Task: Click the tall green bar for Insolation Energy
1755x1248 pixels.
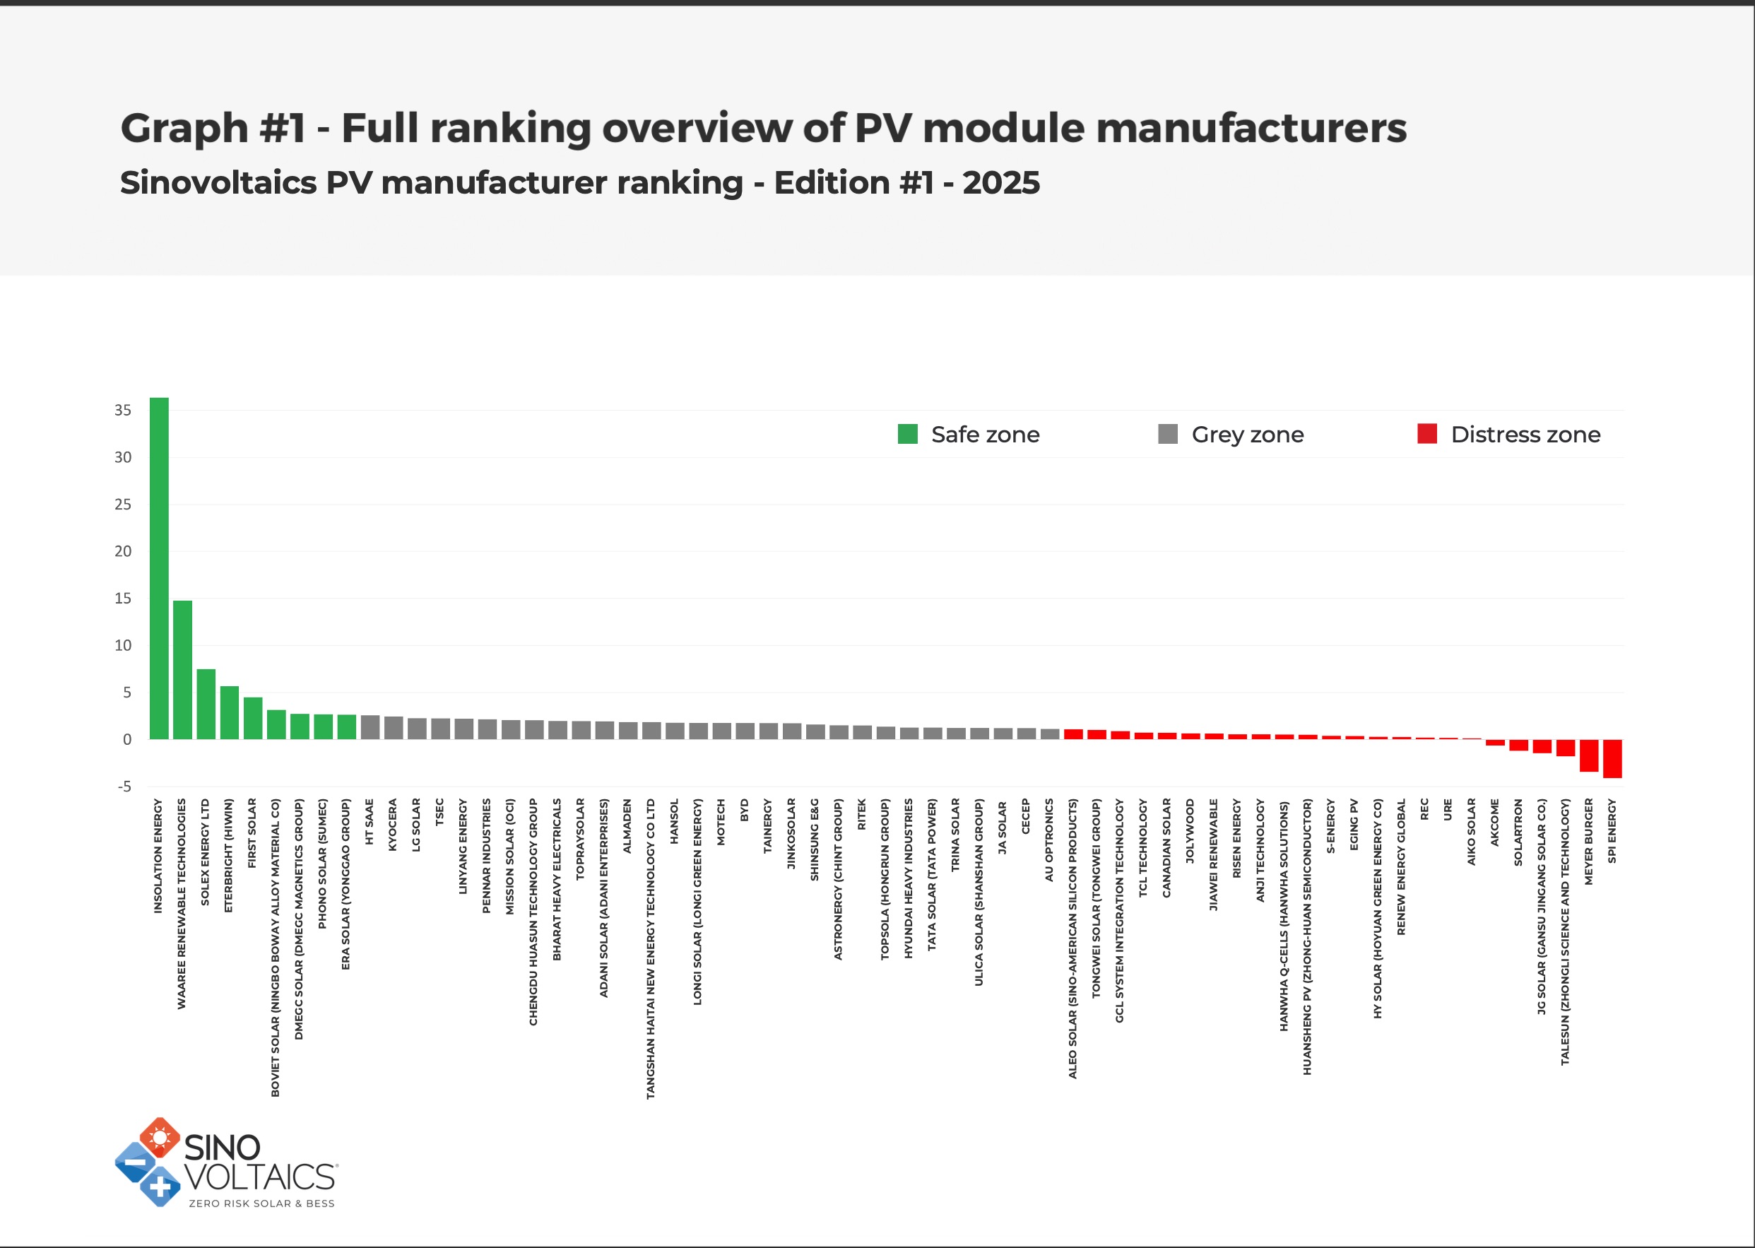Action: point(159,569)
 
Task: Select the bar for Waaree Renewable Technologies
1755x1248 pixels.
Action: point(183,669)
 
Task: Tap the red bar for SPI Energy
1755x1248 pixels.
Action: point(1612,758)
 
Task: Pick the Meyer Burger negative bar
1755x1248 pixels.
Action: point(1589,755)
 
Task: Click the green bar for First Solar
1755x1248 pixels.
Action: point(253,718)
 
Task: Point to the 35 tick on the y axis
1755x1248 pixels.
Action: point(123,411)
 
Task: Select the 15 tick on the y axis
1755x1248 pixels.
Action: point(123,599)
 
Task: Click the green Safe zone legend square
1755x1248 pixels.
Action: point(907,434)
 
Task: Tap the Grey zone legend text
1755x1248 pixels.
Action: point(1247,435)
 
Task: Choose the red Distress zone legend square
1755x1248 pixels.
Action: point(1427,434)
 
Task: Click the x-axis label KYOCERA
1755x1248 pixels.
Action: point(393,825)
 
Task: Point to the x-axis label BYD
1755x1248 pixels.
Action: point(744,810)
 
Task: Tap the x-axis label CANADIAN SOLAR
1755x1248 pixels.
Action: point(1166,847)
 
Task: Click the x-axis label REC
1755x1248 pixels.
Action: point(1424,809)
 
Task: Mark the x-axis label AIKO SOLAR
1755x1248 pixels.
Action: point(1472,832)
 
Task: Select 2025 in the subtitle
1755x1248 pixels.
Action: point(1000,183)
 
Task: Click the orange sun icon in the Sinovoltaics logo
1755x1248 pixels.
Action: point(160,1137)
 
